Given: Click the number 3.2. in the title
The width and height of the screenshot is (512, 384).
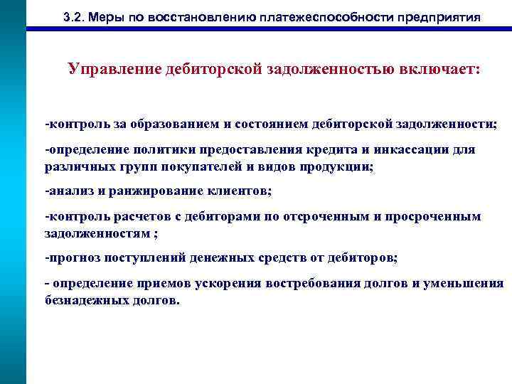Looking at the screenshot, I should coord(73,16).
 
